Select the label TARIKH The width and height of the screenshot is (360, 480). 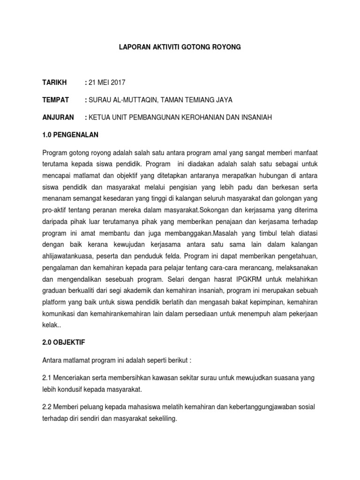pos(54,82)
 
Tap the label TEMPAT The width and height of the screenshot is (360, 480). pos(56,100)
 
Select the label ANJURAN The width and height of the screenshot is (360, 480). pos(58,117)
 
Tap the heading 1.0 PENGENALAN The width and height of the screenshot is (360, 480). pos(70,135)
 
